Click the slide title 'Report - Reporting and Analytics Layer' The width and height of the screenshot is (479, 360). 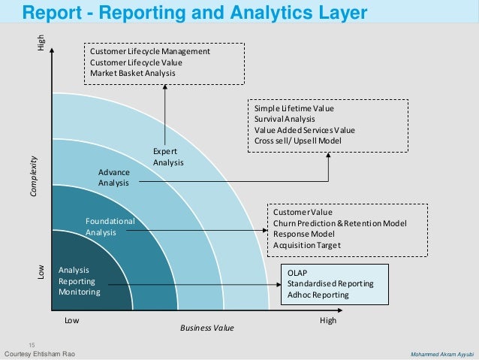194,13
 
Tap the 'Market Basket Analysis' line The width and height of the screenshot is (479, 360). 132,74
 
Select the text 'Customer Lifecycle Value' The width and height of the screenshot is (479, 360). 136,62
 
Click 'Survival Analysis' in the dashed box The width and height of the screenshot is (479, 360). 284,119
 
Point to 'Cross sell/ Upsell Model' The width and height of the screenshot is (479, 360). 298,141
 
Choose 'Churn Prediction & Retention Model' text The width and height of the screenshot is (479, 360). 339,223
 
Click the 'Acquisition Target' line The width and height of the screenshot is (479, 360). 307,246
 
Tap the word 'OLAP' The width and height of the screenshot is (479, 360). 297,272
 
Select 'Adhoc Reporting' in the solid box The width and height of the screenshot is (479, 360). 318,295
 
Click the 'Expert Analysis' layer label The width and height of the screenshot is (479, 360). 168,157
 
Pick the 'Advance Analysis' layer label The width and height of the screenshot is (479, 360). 114,177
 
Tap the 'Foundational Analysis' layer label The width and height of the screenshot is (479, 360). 110,227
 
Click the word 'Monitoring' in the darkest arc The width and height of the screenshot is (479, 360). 79,292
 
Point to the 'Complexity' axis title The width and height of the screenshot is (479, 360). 33,177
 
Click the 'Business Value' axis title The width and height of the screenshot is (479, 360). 207,328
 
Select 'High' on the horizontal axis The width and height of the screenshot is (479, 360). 327,319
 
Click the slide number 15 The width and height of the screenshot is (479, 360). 32,343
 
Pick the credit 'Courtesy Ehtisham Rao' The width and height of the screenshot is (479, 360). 40,354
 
